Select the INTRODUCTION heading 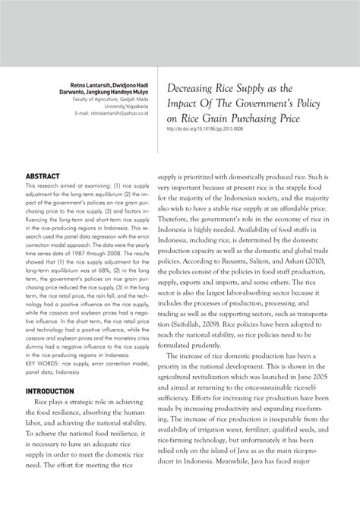[54, 391]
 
